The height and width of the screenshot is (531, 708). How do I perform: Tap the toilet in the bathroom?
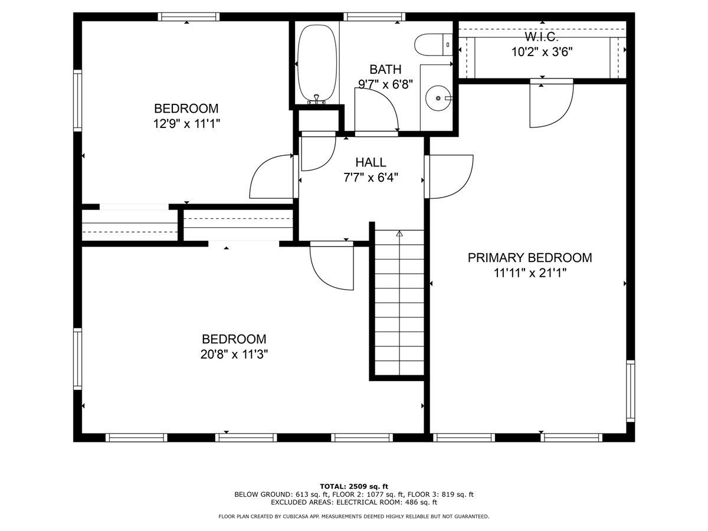(433, 44)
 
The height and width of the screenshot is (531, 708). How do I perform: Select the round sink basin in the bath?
(438, 98)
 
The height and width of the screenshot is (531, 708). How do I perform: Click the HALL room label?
(371, 162)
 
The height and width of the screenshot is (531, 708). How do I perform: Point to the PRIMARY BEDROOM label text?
(530, 258)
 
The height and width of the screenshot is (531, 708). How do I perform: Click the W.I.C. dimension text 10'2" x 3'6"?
(542, 52)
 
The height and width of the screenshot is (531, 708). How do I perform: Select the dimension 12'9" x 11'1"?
(186, 123)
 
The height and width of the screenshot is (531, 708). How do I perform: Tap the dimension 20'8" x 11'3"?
(234, 355)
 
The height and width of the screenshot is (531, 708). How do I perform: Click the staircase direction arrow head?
(399, 234)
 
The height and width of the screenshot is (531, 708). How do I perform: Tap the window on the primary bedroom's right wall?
(631, 391)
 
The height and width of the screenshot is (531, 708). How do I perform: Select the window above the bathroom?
(374, 17)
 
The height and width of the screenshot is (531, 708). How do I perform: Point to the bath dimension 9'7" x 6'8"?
(385, 84)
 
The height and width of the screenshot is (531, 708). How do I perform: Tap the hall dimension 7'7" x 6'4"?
(371, 178)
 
